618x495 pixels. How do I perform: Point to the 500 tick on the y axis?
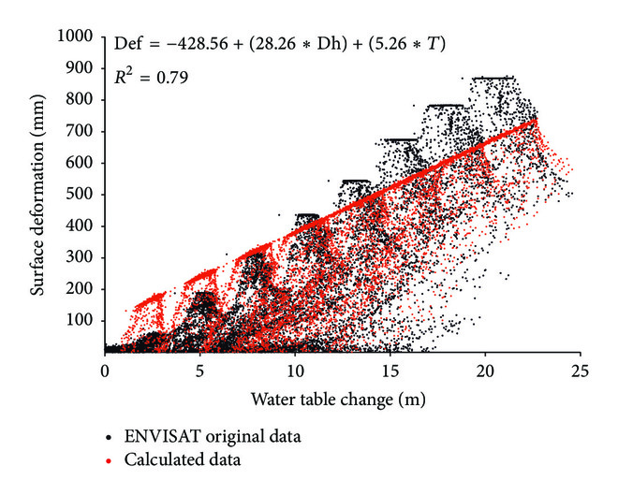(82, 195)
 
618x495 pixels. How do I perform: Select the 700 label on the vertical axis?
(82, 131)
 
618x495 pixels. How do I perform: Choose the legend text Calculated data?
(173, 459)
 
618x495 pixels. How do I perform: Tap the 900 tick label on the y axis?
(82, 68)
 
